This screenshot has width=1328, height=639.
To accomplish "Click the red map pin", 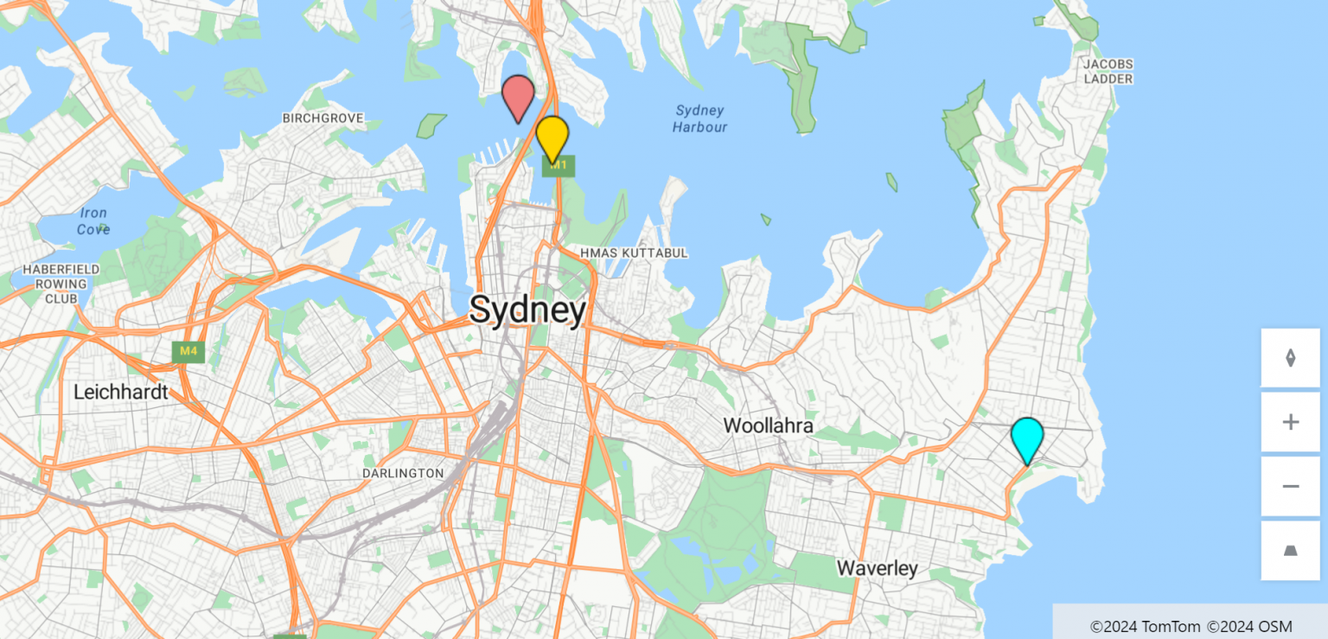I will [518, 96].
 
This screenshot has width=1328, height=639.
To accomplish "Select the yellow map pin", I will [552, 136].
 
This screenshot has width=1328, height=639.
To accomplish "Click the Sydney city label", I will [527, 310].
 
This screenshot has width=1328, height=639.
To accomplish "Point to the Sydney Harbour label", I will [699, 118].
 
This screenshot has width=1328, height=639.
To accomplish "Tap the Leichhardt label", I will [120, 392].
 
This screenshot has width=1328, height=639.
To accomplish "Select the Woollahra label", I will [768, 425].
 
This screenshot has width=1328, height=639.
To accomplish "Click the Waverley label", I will [877, 568].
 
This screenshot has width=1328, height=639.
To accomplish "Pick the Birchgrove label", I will [323, 118].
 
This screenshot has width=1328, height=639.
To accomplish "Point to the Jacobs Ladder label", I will [1108, 71].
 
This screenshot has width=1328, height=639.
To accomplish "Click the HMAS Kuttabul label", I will [634, 252].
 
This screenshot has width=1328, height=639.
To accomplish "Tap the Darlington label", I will [402, 473].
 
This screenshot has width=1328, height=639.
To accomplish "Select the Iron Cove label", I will [93, 220].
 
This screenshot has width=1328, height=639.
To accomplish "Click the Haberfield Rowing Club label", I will [61, 284].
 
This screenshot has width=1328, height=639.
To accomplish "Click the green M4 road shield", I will [188, 351].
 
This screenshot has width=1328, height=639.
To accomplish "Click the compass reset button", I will [1290, 358].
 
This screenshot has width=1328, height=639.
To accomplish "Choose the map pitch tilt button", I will [1290, 551].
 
